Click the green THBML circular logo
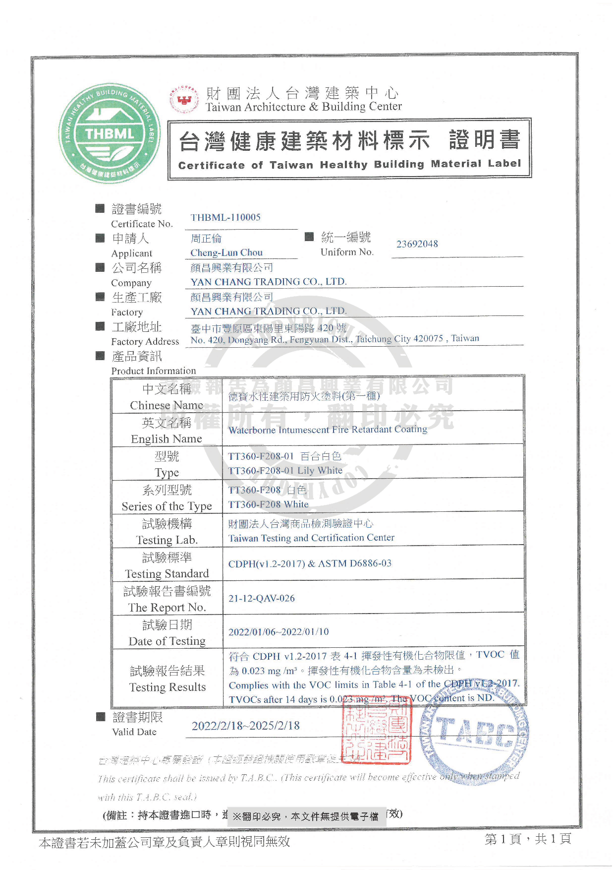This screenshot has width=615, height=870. pos(109,133)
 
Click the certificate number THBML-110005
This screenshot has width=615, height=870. pos(225,217)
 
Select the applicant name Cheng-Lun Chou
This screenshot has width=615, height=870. pos(226,252)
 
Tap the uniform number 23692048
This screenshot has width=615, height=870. pos(417,244)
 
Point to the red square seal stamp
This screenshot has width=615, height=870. pos(377,732)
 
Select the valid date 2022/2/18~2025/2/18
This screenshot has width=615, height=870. pos(246,726)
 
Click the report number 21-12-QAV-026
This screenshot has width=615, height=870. pos(262,598)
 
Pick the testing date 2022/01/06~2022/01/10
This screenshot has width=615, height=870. pos(279,632)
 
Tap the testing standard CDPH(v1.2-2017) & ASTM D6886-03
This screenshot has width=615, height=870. pos(310,563)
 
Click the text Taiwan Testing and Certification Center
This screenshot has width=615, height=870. pos(311,538)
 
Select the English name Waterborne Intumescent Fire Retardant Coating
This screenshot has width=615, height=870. pos(328,430)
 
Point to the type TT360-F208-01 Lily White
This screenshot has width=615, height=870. pos(285,470)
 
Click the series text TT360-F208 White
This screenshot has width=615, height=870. pos(268,504)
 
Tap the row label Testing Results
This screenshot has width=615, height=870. pos(168,687)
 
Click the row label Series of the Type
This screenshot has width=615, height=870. pos(167,506)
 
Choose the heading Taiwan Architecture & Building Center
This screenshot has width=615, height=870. pos(303,107)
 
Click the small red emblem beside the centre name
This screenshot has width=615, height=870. pos(184,99)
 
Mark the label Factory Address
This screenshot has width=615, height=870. pos(145,341)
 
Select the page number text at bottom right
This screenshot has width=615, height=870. pos(528,839)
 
